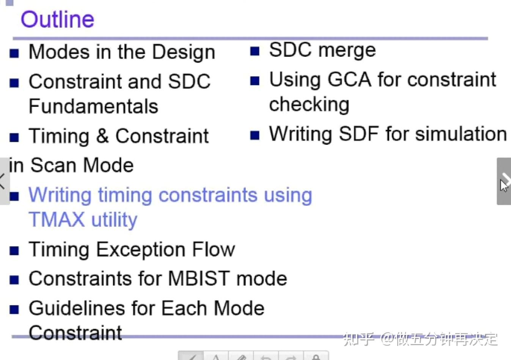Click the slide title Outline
click(57, 19)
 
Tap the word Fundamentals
click(93, 106)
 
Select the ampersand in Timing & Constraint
click(102, 136)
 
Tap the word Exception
click(141, 250)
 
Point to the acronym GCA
click(349, 80)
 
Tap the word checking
click(309, 105)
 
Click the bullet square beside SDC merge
click(255, 51)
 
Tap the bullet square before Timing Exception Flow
click(14, 250)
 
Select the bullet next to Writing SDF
click(255, 135)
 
